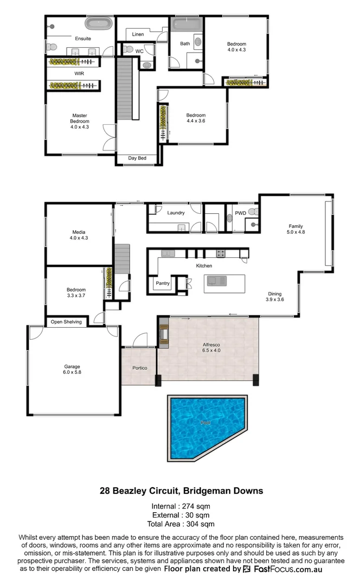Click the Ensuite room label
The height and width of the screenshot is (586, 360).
tap(83, 39)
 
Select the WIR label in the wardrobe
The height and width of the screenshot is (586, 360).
tap(79, 73)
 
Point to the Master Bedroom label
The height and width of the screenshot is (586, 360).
tap(79, 115)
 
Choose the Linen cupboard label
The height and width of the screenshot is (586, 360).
tap(138, 34)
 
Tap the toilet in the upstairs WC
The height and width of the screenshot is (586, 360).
tap(128, 49)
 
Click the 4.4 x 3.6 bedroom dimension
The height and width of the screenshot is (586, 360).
tap(196, 121)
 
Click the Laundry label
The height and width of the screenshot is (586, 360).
tap(176, 213)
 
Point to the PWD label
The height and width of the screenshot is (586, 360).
tap(241, 213)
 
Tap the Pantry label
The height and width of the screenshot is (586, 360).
tap(163, 283)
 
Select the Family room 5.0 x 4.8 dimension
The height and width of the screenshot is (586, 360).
tap(295, 232)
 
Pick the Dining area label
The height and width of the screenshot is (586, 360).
tap(275, 294)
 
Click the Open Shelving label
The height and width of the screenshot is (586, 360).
tap(66, 322)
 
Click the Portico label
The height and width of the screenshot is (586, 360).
tap(140, 368)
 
